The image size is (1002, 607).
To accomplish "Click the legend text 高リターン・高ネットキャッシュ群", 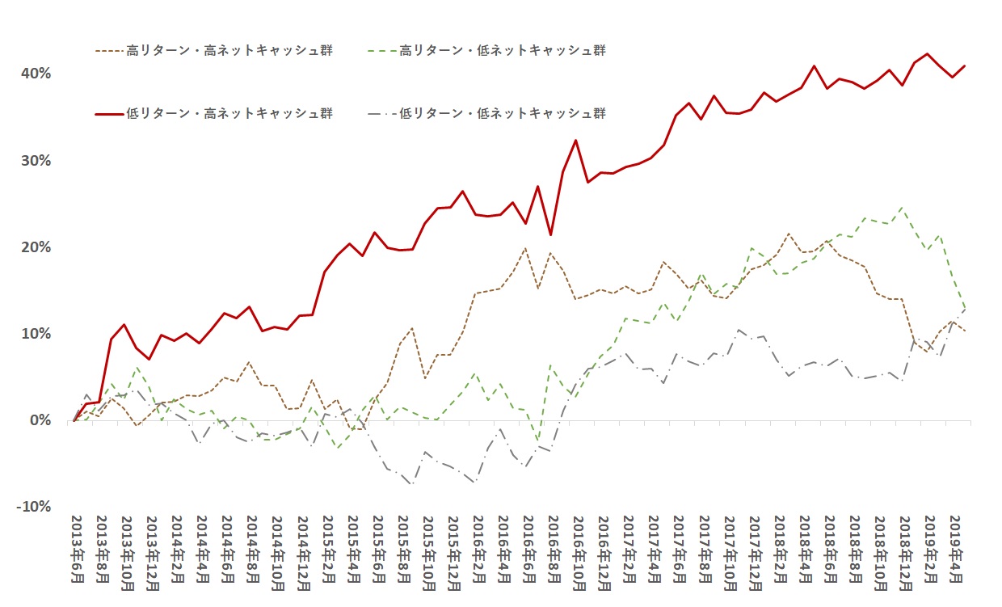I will click(x=229, y=51).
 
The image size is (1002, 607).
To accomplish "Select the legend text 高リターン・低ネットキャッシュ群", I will click(x=503, y=51).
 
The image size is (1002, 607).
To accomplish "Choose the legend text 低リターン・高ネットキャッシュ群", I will click(x=229, y=113).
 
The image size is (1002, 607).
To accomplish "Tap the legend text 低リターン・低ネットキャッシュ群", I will click(x=503, y=113).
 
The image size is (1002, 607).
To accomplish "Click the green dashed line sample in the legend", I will click(x=380, y=51).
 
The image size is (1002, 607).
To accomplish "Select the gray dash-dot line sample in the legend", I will click(x=380, y=113).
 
